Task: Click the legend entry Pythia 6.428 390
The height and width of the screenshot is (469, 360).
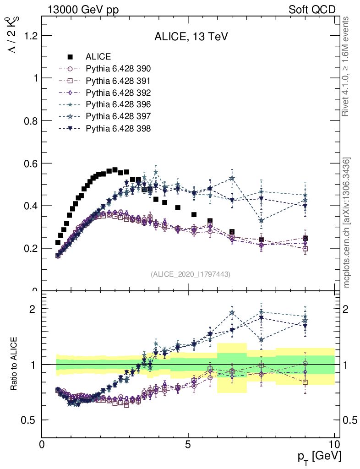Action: point(118,69)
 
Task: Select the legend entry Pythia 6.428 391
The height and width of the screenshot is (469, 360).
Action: point(118,81)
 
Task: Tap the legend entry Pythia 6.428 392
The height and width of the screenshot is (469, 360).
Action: point(118,93)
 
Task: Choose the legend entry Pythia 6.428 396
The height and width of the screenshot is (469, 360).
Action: point(118,105)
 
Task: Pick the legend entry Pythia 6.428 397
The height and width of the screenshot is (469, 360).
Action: point(118,117)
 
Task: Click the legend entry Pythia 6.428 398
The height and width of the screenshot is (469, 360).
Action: point(118,129)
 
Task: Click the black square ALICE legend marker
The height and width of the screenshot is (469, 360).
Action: point(70,57)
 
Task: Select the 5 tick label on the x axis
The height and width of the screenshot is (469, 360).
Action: point(188,445)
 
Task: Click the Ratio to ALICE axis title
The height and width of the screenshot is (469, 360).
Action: point(14,364)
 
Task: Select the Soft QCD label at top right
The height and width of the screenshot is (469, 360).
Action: point(312,10)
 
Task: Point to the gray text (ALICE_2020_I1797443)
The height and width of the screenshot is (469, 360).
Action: point(191,274)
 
